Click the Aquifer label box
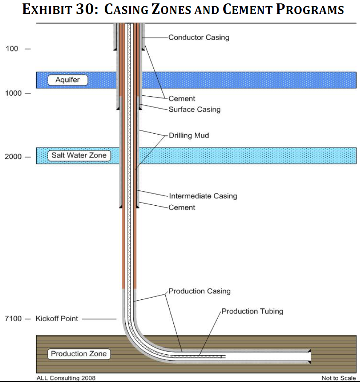(x=67, y=80)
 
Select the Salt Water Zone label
(x=79, y=155)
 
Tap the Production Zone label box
(x=79, y=353)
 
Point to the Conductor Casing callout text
(x=199, y=37)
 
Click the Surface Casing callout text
(x=194, y=109)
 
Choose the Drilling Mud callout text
(x=189, y=135)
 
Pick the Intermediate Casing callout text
(x=203, y=196)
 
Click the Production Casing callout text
(x=199, y=291)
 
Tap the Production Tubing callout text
(x=252, y=311)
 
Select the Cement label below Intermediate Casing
(x=182, y=207)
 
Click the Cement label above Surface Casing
(x=182, y=99)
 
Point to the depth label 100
(x=12, y=49)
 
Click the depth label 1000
(x=13, y=93)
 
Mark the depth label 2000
(x=13, y=157)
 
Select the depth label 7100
(x=13, y=319)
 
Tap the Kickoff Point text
(x=57, y=319)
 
